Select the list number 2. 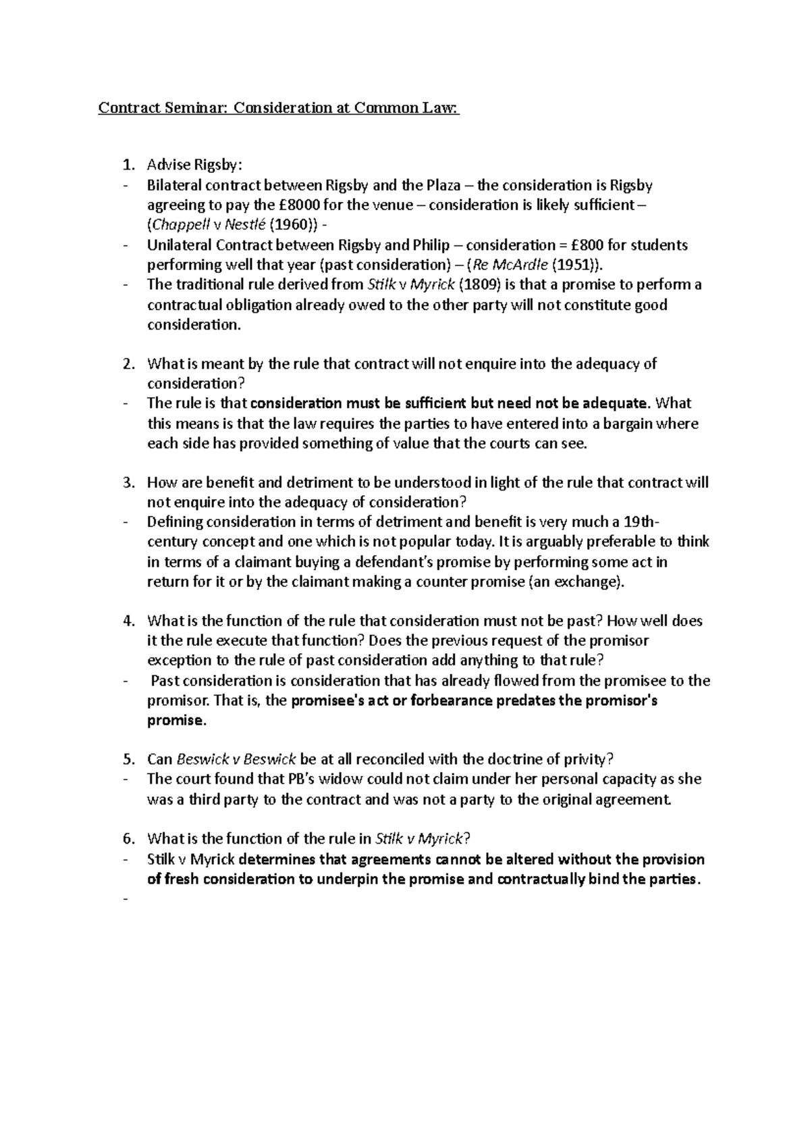click(128, 364)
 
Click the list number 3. click(128, 483)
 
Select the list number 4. click(128, 621)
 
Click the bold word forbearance click(449, 700)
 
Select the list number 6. click(128, 839)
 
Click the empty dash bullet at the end click(126, 899)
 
